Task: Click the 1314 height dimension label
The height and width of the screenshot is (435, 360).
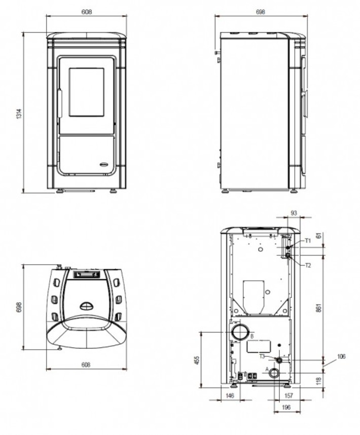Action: pyautogui.click(x=19, y=114)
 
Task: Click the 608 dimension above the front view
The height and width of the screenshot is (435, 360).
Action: pyautogui.click(x=87, y=12)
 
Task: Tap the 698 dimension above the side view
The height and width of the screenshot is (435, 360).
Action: pyautogui.click(x=261, y=12)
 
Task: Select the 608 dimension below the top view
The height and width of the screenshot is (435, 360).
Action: pyautogui.click(x=86, y=365)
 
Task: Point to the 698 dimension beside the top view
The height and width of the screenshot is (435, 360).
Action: pyautogui.click(x=19, y=307)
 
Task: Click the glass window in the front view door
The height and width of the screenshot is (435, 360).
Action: pyautogui.click(x=87, y=92)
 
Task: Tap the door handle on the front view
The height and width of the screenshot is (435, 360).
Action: pyautogui.click(x=60, y=103)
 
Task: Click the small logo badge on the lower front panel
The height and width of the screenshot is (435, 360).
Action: pyautogui.click(x=105, y=165)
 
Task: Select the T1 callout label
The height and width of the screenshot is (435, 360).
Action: pyautogui.click(x=308, y=240)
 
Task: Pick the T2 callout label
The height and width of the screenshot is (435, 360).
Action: pyautogui.click(x=308, y=266)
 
